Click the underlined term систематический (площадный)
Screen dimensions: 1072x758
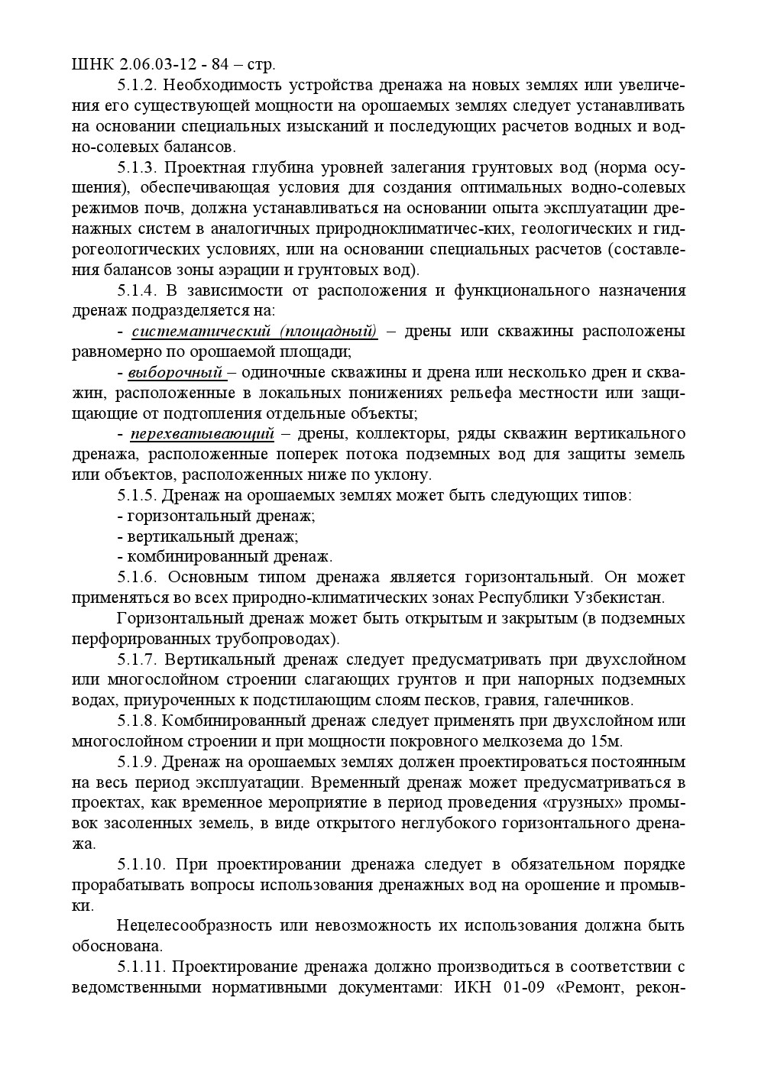pos(254,332)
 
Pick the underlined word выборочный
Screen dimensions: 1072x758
pos(176,373)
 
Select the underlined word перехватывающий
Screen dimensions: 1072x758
pos(202,434)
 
